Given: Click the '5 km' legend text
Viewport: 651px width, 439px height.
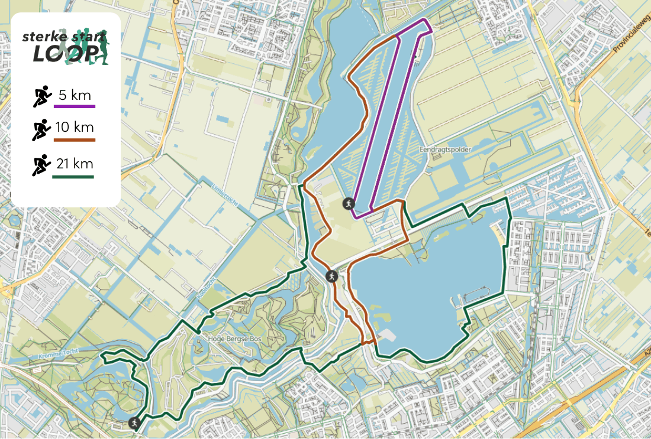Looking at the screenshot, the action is coord(74,95).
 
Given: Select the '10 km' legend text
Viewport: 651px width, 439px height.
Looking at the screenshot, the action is coord(74,127).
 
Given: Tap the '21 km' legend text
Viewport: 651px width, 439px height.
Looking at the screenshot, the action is coord(74,164).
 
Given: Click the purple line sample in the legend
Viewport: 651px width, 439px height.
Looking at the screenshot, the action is coord(75,107).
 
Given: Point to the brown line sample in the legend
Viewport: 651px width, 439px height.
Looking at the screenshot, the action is coord(75,140).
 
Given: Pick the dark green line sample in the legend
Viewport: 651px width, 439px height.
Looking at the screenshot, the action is coord(75,177).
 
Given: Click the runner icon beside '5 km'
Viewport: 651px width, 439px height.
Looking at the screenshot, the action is coord(41,96).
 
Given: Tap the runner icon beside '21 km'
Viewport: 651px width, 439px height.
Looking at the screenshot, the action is coord(41,165).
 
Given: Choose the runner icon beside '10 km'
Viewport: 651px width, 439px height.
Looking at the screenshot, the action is coord(41,129).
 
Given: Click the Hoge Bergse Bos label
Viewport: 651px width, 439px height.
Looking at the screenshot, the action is coord(235,339).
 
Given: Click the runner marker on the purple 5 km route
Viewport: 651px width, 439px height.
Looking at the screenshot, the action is coord(348,203).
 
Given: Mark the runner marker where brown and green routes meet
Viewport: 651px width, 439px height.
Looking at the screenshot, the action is coord(331,275).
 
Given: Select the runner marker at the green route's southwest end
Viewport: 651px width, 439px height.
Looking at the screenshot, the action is coord(135,422).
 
